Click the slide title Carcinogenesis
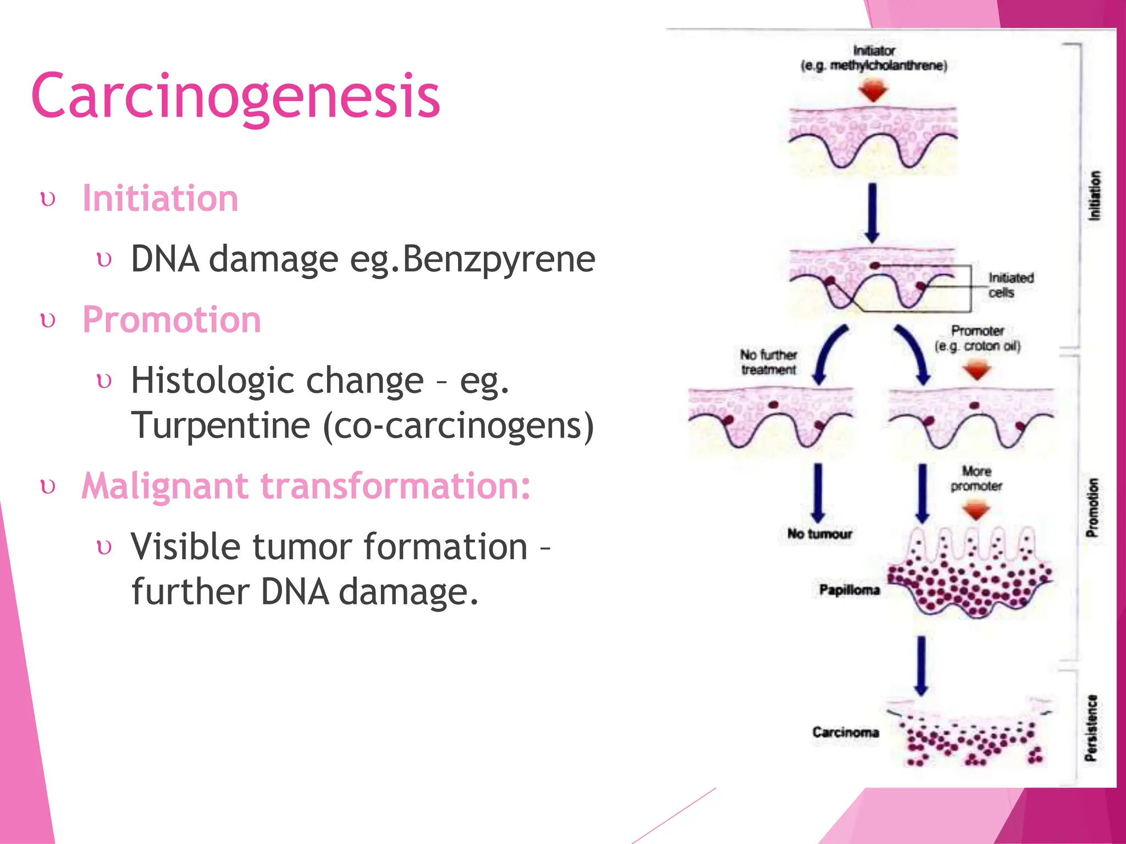[235, 97]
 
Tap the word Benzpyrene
[499, 259]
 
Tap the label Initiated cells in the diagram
[1010, 285]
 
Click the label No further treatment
[768, 362]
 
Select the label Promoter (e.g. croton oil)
[977, 338]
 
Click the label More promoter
[976, 478]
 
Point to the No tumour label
[819, 534]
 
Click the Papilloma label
[849, 590]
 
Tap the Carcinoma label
[845, 732]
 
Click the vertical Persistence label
[1091, 728]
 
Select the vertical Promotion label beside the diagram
[1092, 507]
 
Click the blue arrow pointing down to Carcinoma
[921, 665]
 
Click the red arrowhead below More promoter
[976, 510]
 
